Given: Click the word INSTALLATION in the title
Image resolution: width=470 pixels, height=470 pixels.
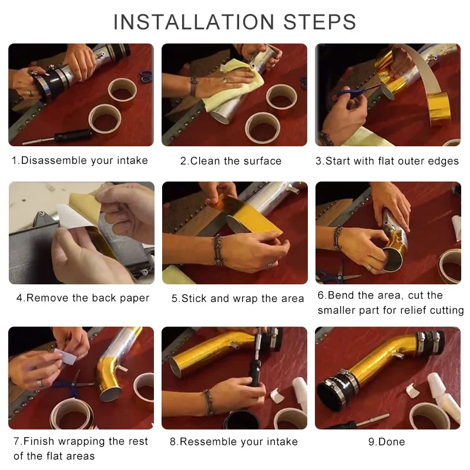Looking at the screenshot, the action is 194,22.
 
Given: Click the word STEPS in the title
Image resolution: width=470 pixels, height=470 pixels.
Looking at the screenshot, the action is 320,22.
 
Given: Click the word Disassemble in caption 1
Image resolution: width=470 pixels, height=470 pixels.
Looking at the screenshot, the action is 54,160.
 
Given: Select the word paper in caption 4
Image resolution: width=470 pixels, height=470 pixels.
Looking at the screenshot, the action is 135,298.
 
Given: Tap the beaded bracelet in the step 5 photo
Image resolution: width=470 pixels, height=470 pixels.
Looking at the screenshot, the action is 218,250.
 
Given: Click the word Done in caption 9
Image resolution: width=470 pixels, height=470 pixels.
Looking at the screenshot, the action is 392,442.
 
